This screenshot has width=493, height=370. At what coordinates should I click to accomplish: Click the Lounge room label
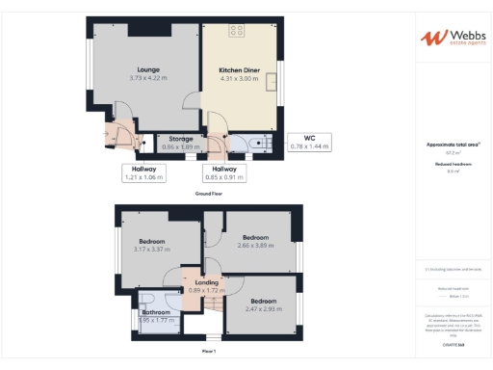click(x=147, y=69)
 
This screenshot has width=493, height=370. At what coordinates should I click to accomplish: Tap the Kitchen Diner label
click(x=239, y=70)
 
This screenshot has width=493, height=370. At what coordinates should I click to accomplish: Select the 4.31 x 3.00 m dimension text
click(x=239, y=79)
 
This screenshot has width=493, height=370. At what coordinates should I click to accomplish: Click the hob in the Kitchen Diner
click(x=235, y=31)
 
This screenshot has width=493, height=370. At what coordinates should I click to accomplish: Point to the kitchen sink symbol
click(x=272, y=82)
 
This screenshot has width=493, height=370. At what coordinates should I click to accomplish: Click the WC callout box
click(x=309, y=143)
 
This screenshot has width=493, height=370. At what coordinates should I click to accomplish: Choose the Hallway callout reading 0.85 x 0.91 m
click(x=224, y=172)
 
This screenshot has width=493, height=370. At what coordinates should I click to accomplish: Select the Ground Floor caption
click(x=209, y=194)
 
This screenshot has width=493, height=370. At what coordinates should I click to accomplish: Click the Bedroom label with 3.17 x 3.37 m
click(x=152, y=241)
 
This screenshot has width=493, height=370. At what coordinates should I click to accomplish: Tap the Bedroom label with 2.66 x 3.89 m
click(x=255, y=237)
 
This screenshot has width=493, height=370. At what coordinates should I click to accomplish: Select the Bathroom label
click(x=156, y=312)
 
